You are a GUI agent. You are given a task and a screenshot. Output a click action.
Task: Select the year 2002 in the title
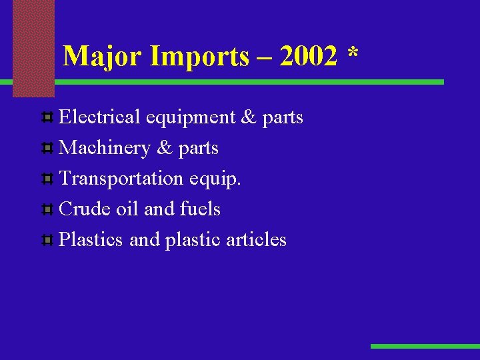click(x=309, y=57)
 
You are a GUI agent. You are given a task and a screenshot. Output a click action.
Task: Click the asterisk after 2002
click(x=352, y=53)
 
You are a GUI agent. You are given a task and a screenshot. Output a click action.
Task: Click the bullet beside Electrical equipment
click(x=48, y=118)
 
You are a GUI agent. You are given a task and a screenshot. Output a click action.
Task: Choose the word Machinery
click(x=104, y=148)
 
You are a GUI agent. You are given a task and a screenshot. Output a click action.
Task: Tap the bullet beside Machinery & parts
click(x=48, y=149)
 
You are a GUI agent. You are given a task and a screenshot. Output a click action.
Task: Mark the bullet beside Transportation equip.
click(x=48, y=179)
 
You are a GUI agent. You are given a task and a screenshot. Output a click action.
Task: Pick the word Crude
click(x=85, y=209)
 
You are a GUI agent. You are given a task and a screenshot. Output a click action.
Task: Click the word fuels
click(x=200, y=209)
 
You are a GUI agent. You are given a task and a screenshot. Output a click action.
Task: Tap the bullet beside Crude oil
click(x=48, y=210)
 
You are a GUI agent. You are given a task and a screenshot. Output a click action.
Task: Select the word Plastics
click(x=91, y=240)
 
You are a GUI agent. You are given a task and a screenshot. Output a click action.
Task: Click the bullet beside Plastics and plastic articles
click(x=48, y=241)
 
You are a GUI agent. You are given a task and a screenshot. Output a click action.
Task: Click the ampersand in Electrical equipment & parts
click(x=249, y=117)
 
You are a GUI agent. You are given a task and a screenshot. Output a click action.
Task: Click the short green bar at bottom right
click(x=425, y=346)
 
